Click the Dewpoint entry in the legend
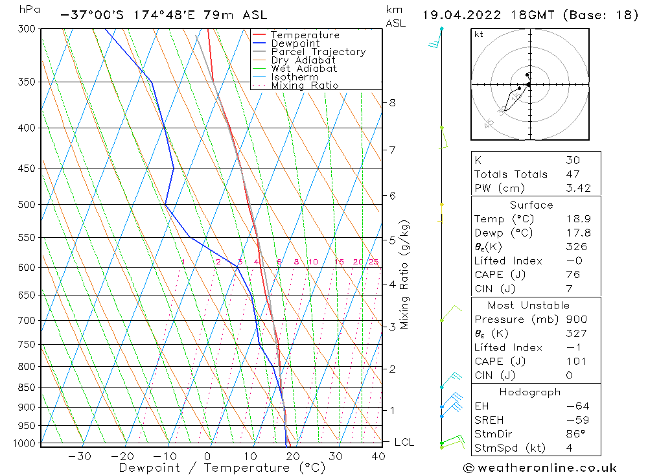point(295,43)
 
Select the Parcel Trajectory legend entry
point(318,52)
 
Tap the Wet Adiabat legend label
point(304,69)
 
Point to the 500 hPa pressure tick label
point(28,205)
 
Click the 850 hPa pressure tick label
point(28,388)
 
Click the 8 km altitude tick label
point(392,102)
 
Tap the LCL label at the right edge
point(404,442)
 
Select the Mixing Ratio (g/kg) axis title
point(405,275)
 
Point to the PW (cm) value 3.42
point(573,188)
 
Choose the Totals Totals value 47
point(573,174)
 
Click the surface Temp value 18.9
point(573,219)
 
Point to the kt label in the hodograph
point(478,34)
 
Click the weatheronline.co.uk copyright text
point(540,467)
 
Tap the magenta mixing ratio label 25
point(373,262)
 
